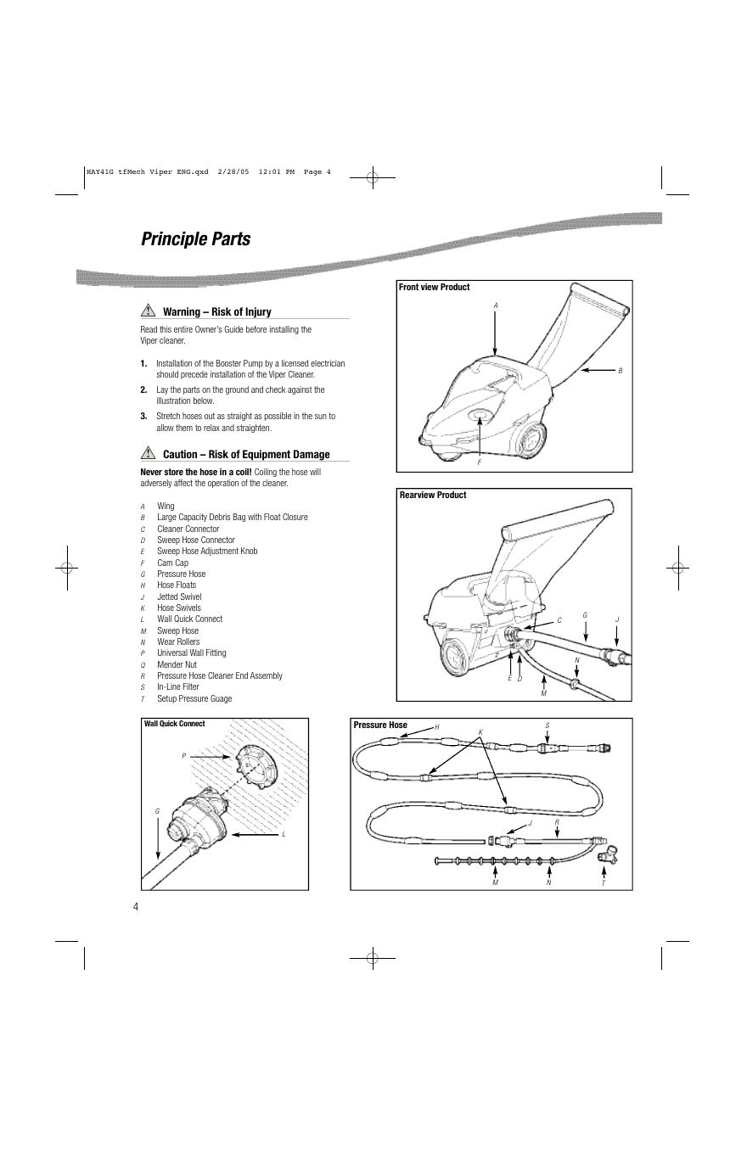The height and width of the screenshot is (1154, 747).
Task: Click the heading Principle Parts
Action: point(195,239)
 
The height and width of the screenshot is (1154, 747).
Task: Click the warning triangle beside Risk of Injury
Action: point(149,311)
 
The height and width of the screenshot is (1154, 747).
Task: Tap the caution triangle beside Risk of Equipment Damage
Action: point(149,454)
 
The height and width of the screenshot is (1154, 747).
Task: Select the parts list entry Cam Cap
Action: point(172,563)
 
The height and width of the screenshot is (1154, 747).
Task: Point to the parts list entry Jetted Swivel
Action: point(179,597)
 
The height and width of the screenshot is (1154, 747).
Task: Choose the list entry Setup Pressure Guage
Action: point(194,698)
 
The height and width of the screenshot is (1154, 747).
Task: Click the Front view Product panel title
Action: point(434,288)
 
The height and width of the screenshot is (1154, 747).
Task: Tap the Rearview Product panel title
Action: point(432,496)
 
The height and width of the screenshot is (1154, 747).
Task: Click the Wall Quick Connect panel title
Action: point(174,725)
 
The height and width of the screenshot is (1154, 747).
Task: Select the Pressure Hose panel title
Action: point(380,725)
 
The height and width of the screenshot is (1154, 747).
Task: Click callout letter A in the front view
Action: point(495,305)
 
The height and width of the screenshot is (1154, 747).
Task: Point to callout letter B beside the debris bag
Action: point(621,371)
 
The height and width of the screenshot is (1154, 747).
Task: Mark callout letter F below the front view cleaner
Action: point(479,462)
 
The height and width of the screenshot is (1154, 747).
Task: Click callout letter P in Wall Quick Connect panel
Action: point(183,755)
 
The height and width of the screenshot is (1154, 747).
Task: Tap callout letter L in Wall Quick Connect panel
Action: point(284,835)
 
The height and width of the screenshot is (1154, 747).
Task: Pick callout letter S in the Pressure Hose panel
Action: point(547,725)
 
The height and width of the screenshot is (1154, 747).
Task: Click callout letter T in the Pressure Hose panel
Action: point(604,883)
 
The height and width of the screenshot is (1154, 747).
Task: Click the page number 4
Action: point(135,906)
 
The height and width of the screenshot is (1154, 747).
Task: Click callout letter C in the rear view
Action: point(559,620)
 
